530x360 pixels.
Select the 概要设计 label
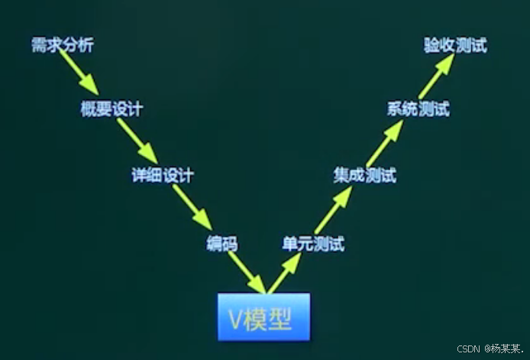[x=111, y=109]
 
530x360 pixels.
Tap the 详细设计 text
[x=163, y=175]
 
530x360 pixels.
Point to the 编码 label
[x=222, y=244]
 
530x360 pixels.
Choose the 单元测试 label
[x=313, y=244]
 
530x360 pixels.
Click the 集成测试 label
[x=365, y=176]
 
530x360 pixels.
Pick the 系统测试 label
[x=418, y=109]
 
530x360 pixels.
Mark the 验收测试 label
[x=455, y=45]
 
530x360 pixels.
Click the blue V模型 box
[x=264, y=316]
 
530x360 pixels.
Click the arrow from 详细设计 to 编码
[x=192, y=207]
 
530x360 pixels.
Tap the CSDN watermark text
[x=467, y=349]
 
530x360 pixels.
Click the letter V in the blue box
[x=237, y=317]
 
